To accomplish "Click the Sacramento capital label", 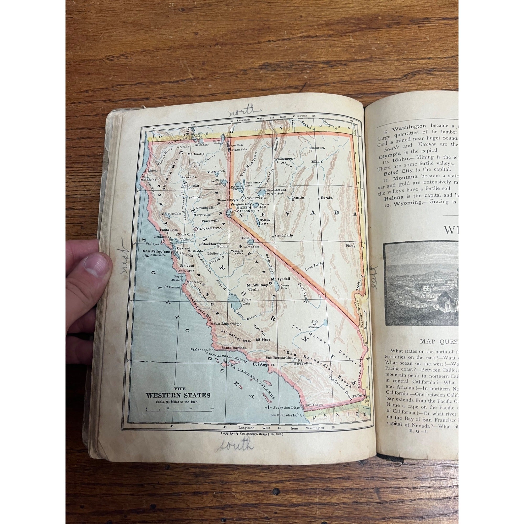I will (210, 229).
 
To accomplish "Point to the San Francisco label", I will (156, 252).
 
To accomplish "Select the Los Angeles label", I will (264, 364).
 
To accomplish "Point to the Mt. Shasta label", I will (196, 154).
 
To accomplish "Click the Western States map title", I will (178, 395).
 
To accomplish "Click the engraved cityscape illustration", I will (421, 283).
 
